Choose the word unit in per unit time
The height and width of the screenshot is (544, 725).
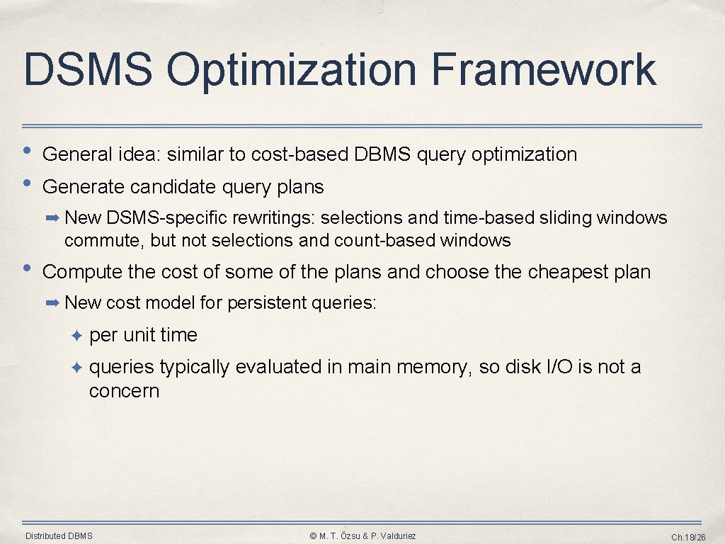[x=139, y=335]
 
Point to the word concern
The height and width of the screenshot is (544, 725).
[x=124, y=391]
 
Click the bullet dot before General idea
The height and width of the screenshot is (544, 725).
[x=28, y=151]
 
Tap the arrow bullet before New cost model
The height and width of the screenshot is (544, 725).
[x=52, y=303]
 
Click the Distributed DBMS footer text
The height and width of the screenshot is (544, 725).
[x=59, y=536]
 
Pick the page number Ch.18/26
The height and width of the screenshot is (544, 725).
[x=688, y=538]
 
